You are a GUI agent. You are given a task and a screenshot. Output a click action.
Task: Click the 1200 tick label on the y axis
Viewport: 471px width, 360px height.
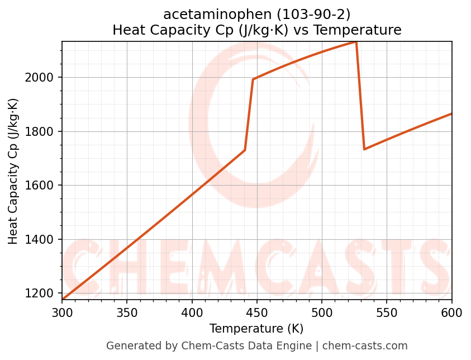click(42, 293)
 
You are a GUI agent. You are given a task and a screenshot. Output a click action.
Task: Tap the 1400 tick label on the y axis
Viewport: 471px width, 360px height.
click(42, 240)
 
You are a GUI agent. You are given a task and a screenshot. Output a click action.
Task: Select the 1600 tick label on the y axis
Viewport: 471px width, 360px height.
click(42, 186)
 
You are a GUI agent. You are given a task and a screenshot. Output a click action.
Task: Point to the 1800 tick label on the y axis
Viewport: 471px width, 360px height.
click(42, 132)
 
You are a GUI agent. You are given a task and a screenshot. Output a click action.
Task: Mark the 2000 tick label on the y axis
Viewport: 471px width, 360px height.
click(42, 78)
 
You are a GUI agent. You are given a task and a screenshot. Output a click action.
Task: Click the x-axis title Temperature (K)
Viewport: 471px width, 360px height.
click(256, 329)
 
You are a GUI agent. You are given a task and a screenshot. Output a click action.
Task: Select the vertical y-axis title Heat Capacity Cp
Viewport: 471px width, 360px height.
click(13, 171)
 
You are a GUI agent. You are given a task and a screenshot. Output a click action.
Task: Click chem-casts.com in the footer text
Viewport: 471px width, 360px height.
click(365, 346)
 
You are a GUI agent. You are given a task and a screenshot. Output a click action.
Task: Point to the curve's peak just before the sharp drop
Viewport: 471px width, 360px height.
click(356, 42)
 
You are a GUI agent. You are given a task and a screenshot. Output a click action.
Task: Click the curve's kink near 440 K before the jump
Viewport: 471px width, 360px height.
click(245, 150)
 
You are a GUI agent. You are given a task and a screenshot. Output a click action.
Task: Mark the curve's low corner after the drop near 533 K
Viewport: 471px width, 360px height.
click(364, 149)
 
